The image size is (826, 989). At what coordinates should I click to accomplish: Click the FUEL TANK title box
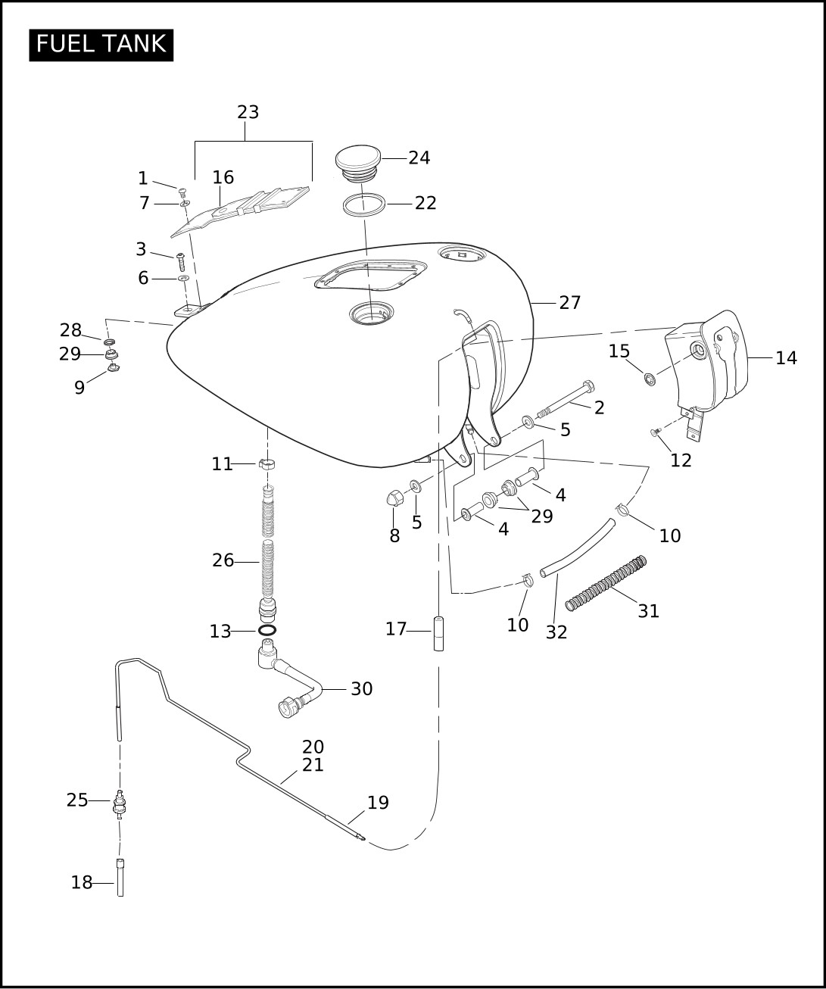coord(101,45)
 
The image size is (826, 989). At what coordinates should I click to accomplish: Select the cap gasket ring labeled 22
coord(364,204)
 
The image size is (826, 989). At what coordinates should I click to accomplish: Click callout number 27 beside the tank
coord(569,303)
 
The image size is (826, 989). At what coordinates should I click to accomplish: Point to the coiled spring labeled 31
coord(606,582)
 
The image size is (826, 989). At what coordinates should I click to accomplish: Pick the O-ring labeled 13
coord(267,630)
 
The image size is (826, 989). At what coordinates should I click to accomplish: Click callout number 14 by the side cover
coord(786,358)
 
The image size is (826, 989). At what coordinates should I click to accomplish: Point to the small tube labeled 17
coord(438,633)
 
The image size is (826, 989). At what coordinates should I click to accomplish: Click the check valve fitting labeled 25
coord(119,803)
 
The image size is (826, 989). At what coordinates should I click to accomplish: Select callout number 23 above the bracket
coord(248,112)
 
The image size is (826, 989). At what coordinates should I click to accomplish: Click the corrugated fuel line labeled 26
coord(267,553)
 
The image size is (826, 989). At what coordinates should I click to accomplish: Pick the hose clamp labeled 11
coord(266,463)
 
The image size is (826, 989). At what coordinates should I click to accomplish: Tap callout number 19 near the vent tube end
coord(378,803)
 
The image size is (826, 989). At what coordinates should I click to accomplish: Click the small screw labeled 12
coord(655,432)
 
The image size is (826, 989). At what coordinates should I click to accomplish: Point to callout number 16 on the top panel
coord(223,178)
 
